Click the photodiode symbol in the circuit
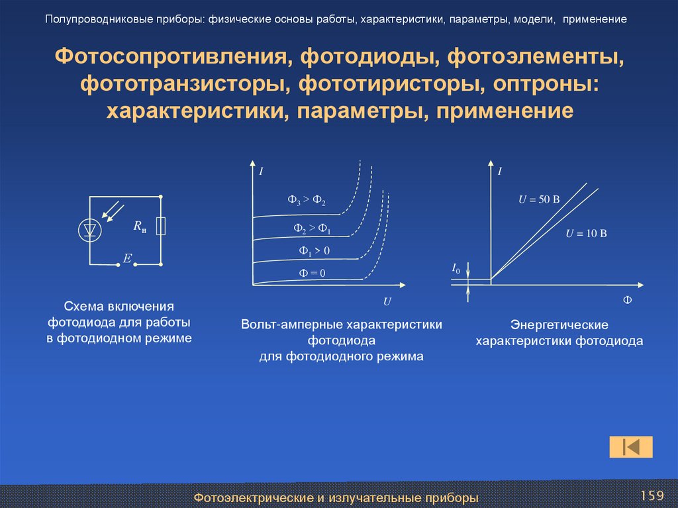90,230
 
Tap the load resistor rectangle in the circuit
160,227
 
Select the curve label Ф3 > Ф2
307,201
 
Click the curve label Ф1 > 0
314,250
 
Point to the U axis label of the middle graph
388,301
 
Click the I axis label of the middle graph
261,172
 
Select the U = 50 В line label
539,199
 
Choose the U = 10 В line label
586,233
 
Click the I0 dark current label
456,268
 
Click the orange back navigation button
630,447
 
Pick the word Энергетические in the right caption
559,326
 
